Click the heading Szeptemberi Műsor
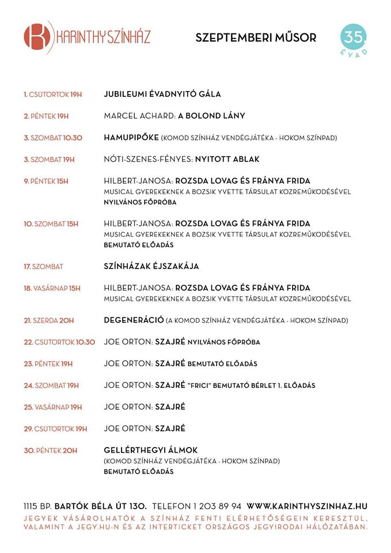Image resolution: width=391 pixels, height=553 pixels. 256,38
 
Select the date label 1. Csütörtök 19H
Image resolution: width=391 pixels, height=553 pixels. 52,94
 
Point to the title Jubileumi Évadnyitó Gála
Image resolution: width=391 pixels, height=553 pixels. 162,94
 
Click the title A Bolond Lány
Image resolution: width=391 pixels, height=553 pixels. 211,116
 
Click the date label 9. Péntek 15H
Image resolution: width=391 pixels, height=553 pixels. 46,181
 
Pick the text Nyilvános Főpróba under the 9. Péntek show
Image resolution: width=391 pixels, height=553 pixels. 140,202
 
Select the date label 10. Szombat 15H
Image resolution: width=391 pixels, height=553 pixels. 51,224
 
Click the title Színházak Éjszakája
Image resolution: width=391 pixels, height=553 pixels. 155,267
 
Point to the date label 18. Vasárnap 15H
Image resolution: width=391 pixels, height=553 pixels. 52,288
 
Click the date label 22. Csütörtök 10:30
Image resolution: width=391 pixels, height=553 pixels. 59,342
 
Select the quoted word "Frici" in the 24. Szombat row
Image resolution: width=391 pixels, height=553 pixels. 199,385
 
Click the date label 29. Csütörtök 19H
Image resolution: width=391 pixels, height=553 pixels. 55,429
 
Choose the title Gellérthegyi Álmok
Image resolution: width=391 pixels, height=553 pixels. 151,450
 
